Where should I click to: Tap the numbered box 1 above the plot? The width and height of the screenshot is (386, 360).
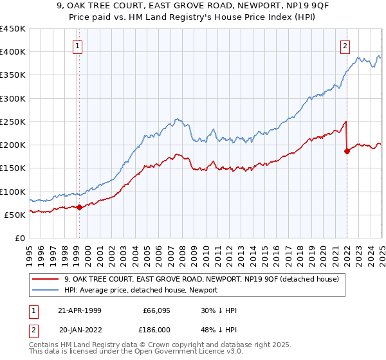77,46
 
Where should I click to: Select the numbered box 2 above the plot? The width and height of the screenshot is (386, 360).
345,46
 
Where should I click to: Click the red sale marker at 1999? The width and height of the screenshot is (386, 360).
79,207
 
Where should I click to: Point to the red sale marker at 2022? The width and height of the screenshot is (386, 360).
347,152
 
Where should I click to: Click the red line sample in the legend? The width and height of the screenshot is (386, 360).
46,280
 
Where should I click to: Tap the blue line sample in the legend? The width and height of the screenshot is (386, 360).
46,291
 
